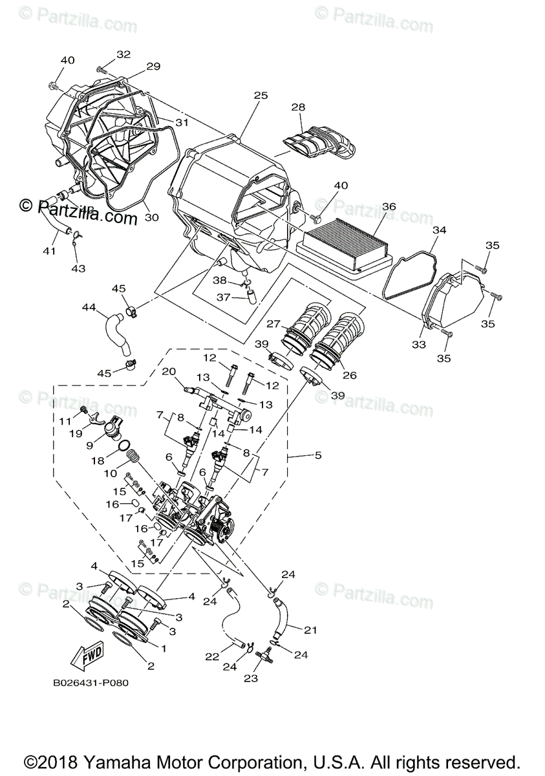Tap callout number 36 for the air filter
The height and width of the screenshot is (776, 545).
pyautogui.click(x=389, y=206)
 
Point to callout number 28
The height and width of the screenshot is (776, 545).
pyautogui.click(x=298, y=107)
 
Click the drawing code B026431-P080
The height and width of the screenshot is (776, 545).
pyautogui.click(x=91, y=683)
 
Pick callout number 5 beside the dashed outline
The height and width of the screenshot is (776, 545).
pyautogui.click(x=317, y=455)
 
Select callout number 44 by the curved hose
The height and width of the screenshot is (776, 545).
pyautogui.click(x=89, y=309)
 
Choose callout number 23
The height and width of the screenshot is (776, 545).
pyautogui.click(x=251, y=678)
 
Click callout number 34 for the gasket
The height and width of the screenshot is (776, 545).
pyautogui.click(x=440, y=230)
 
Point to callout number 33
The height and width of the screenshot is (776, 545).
pyautogui.click(x=419, y=345)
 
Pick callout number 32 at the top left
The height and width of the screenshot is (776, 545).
pyautogui.click(x=123, y=54)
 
